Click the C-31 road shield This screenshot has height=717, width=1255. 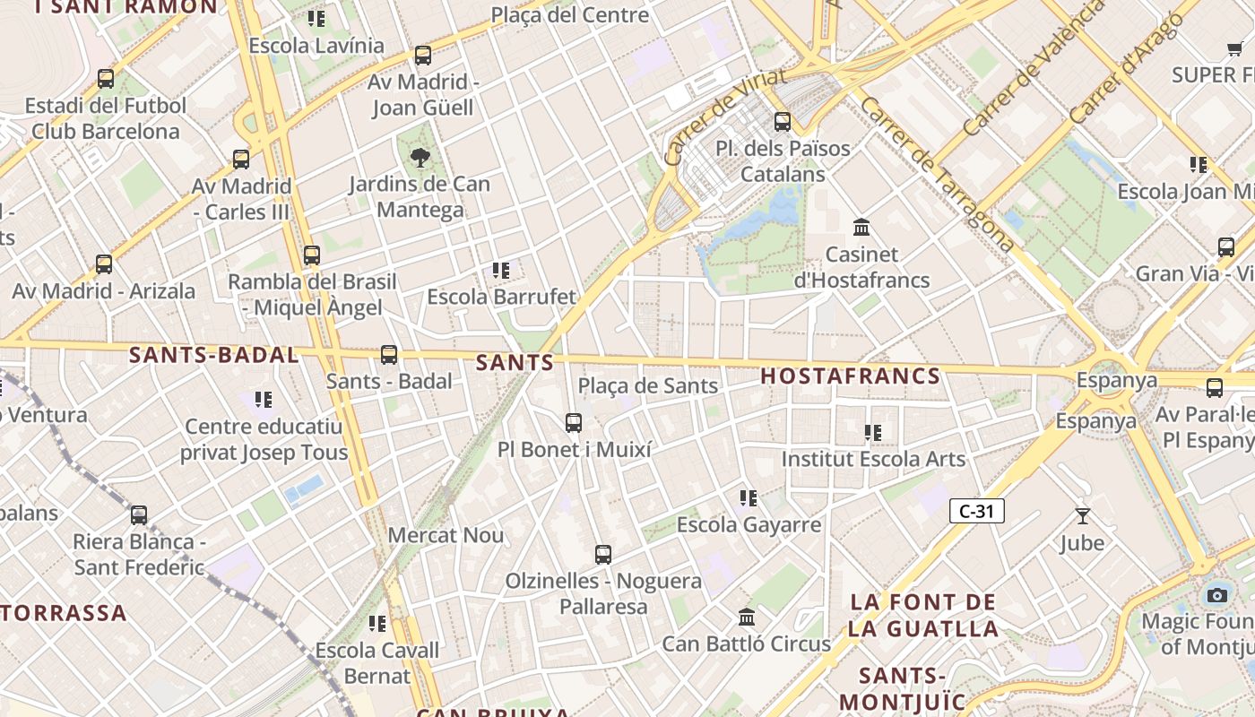pyautogui.click(x=976, y=512)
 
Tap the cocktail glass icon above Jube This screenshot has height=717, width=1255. pyautogui.click(x=1082, y=516)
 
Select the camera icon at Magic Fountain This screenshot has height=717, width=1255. pyautogui.click(x=1216, y=595)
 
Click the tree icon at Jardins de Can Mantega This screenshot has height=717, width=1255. pyautogui.click(x=419, y=158)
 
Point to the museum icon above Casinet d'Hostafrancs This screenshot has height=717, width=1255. pyautogui.click(x=862, y=227)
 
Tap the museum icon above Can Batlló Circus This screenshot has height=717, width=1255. pyautogui.click(x=747, y=617)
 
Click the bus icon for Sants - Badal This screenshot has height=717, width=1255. pyautogui.click(x=389, y=355)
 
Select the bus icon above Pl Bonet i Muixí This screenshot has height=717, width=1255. pyautogui.click(x=574, y=422)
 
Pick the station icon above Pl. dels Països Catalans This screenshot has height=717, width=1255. pyautogui.click(x=783, y=121)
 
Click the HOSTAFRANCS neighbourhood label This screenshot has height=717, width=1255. pyautogui.click(x=851, y=376)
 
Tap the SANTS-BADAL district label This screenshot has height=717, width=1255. pyautogui.click(x=214, y=355)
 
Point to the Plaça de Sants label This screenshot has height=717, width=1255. pyautogui.click(x=648, y=386)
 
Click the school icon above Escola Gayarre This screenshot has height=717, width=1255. pyautogui.click(x=749, y=498)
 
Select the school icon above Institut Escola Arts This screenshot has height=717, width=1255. pyautogui.click(x=873, y=433)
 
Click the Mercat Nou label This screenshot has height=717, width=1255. pyautogui.click(x=446, y=536)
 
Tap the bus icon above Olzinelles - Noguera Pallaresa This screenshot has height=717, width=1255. pyautogui.click(x=603, y=555)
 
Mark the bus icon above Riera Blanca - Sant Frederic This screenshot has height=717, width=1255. pyautogui.click(x=139, y=515)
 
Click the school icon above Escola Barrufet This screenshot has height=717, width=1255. pyautogui.click(x=501, y=270)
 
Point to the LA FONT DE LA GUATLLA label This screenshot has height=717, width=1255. pyautogui.click(x=924, y=615)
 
